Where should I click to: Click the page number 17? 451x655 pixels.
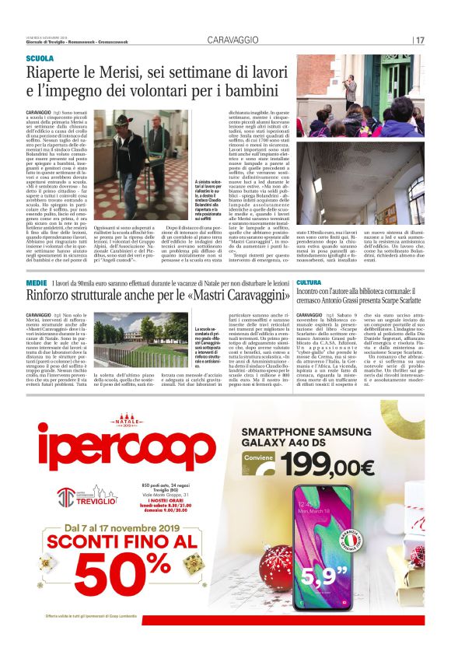tap(419, 40)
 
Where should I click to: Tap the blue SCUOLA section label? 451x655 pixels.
tap(40, 58)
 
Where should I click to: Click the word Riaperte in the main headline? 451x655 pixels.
tap(55, 74)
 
